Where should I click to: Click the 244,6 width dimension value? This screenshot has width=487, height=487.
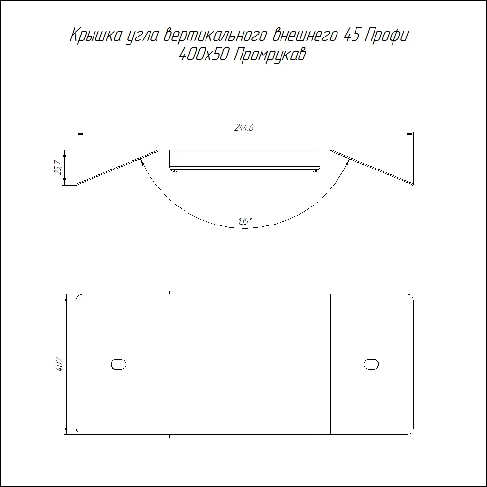(244, 127)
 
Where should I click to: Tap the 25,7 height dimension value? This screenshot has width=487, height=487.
(58, 168)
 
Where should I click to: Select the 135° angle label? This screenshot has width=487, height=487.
(245, 221)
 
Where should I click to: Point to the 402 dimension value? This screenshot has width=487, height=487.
(59, 365)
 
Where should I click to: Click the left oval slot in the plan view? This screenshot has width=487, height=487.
(118, 364)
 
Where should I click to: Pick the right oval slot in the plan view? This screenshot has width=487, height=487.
(371, 364)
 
